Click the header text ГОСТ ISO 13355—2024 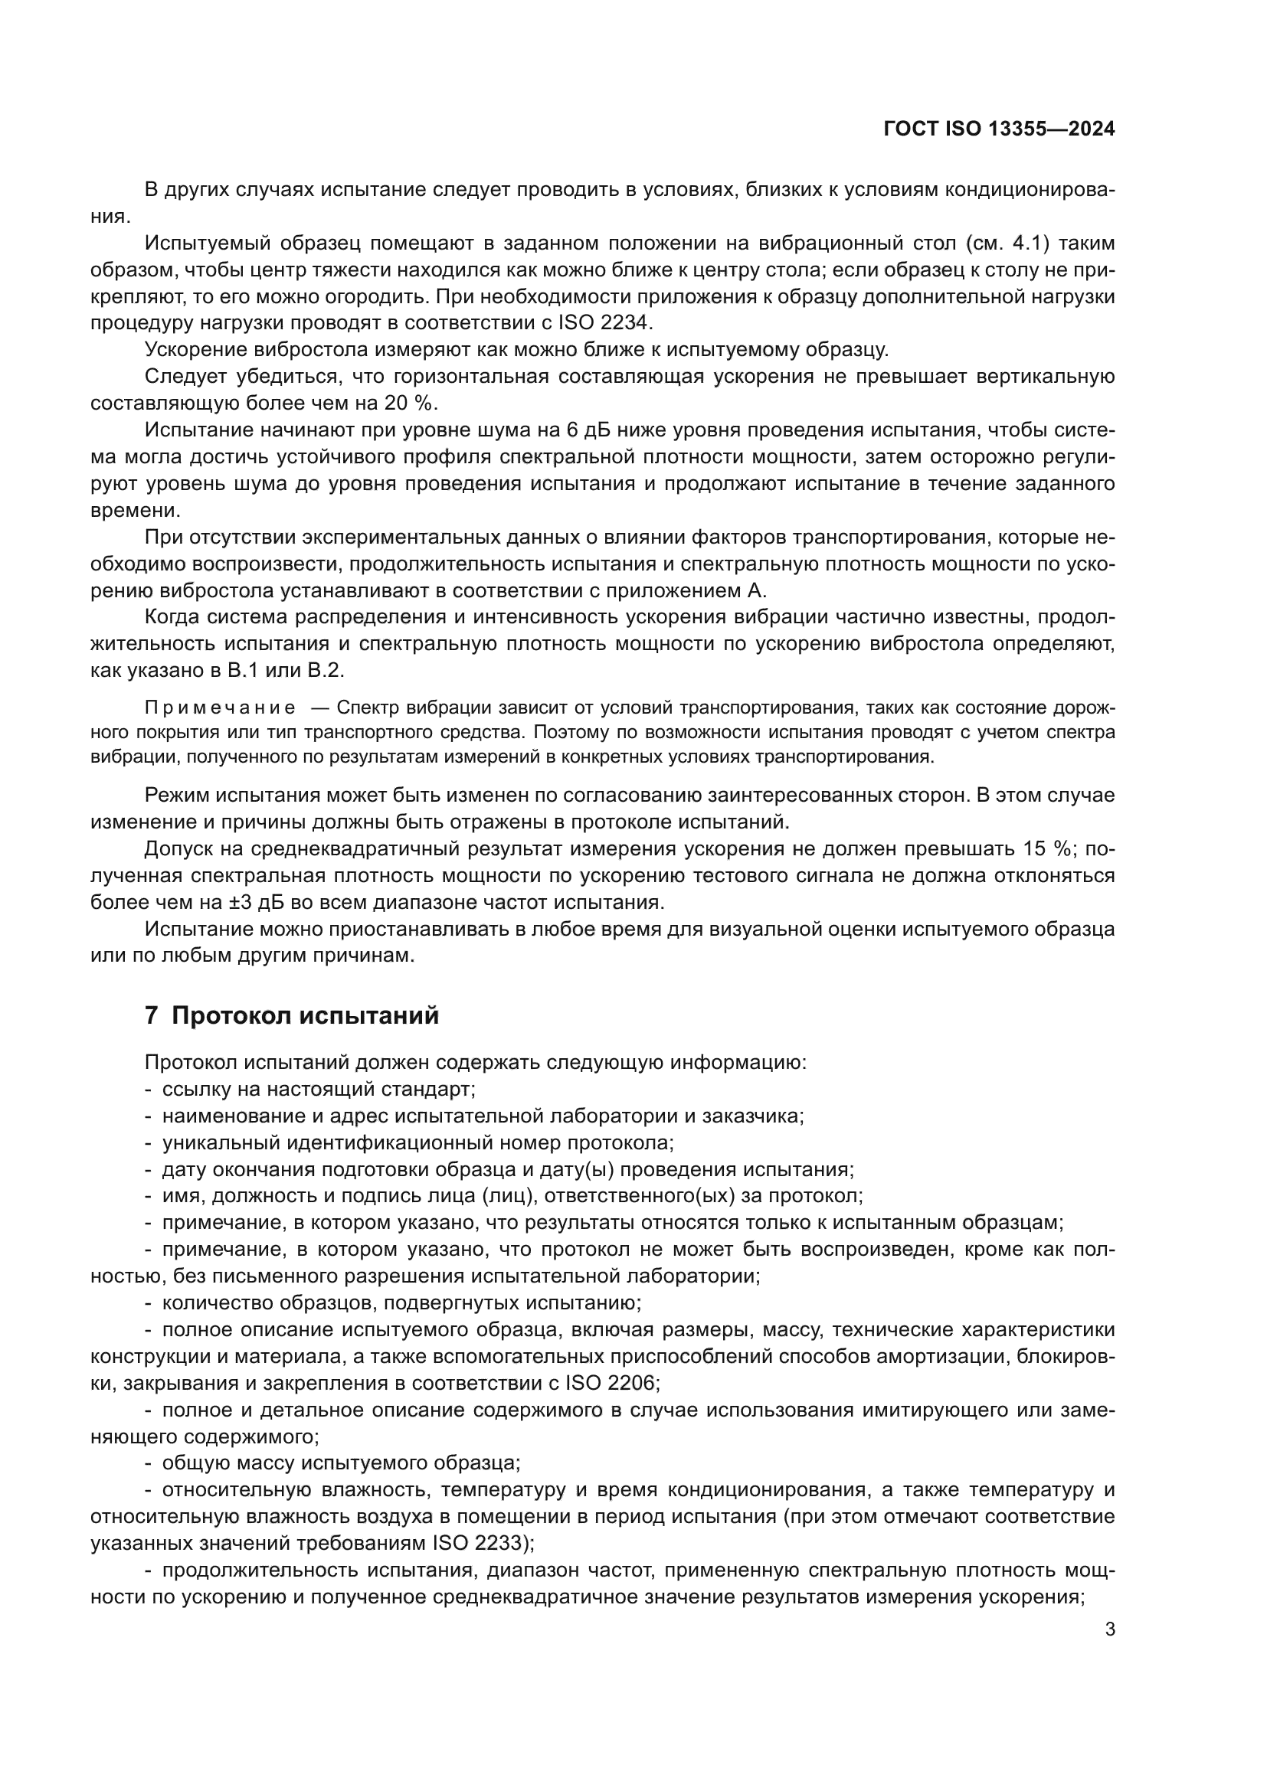999,129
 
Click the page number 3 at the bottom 1109,1629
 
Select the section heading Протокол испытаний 305,1015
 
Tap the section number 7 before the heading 152,1015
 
